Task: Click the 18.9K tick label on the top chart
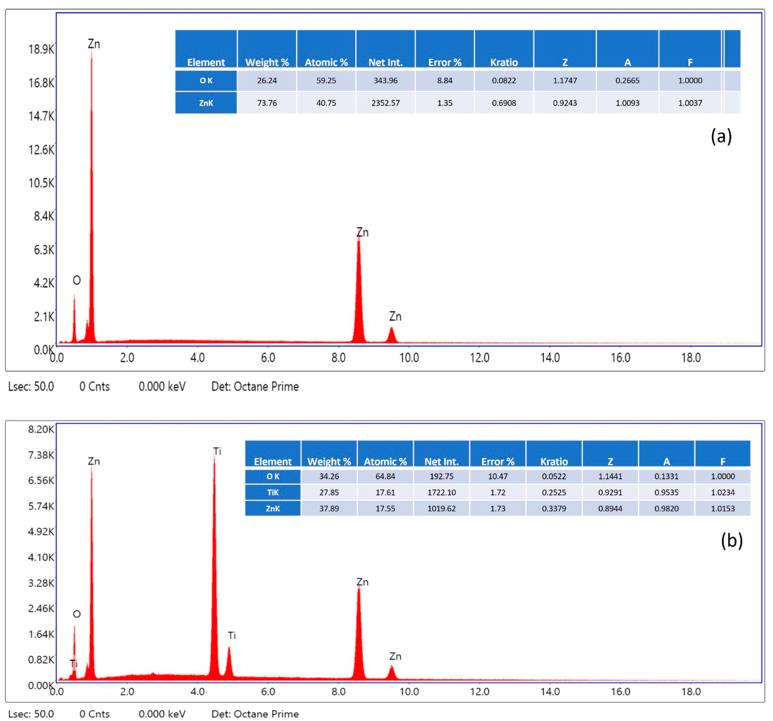pyautogui.click(x=41, y=49)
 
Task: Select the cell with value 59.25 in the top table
pyautogui.click(x=326, y=80)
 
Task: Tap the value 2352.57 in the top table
pyautogui.click(x=385, y=103)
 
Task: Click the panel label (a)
pyautogui.click(x=721, y=136)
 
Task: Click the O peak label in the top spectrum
pyautogui.click(x=77, y=280)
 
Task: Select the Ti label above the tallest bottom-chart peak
pyautogui.click(x=217, y=451)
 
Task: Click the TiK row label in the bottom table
pyautogui.click(x=273, y=492)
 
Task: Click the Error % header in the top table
pyautogui.click(x=444, y=62)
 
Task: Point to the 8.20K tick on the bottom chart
pyautogui.click(x=41, y=429)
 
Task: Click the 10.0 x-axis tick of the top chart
pyautogui.click(x=409, y=358)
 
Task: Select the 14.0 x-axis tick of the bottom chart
pyautogui.click(x=550, y=691)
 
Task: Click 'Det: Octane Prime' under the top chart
pyautogui.click(x=255, y=387)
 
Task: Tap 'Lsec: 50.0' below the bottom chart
pyautogui.click(x=31, y=714)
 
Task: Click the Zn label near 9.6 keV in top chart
pyautogui.click(x=395, y=316)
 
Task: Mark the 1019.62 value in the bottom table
pyautogui.click(x=441, y=508)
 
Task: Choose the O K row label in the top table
pyautogui.click(x=206, y=80)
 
